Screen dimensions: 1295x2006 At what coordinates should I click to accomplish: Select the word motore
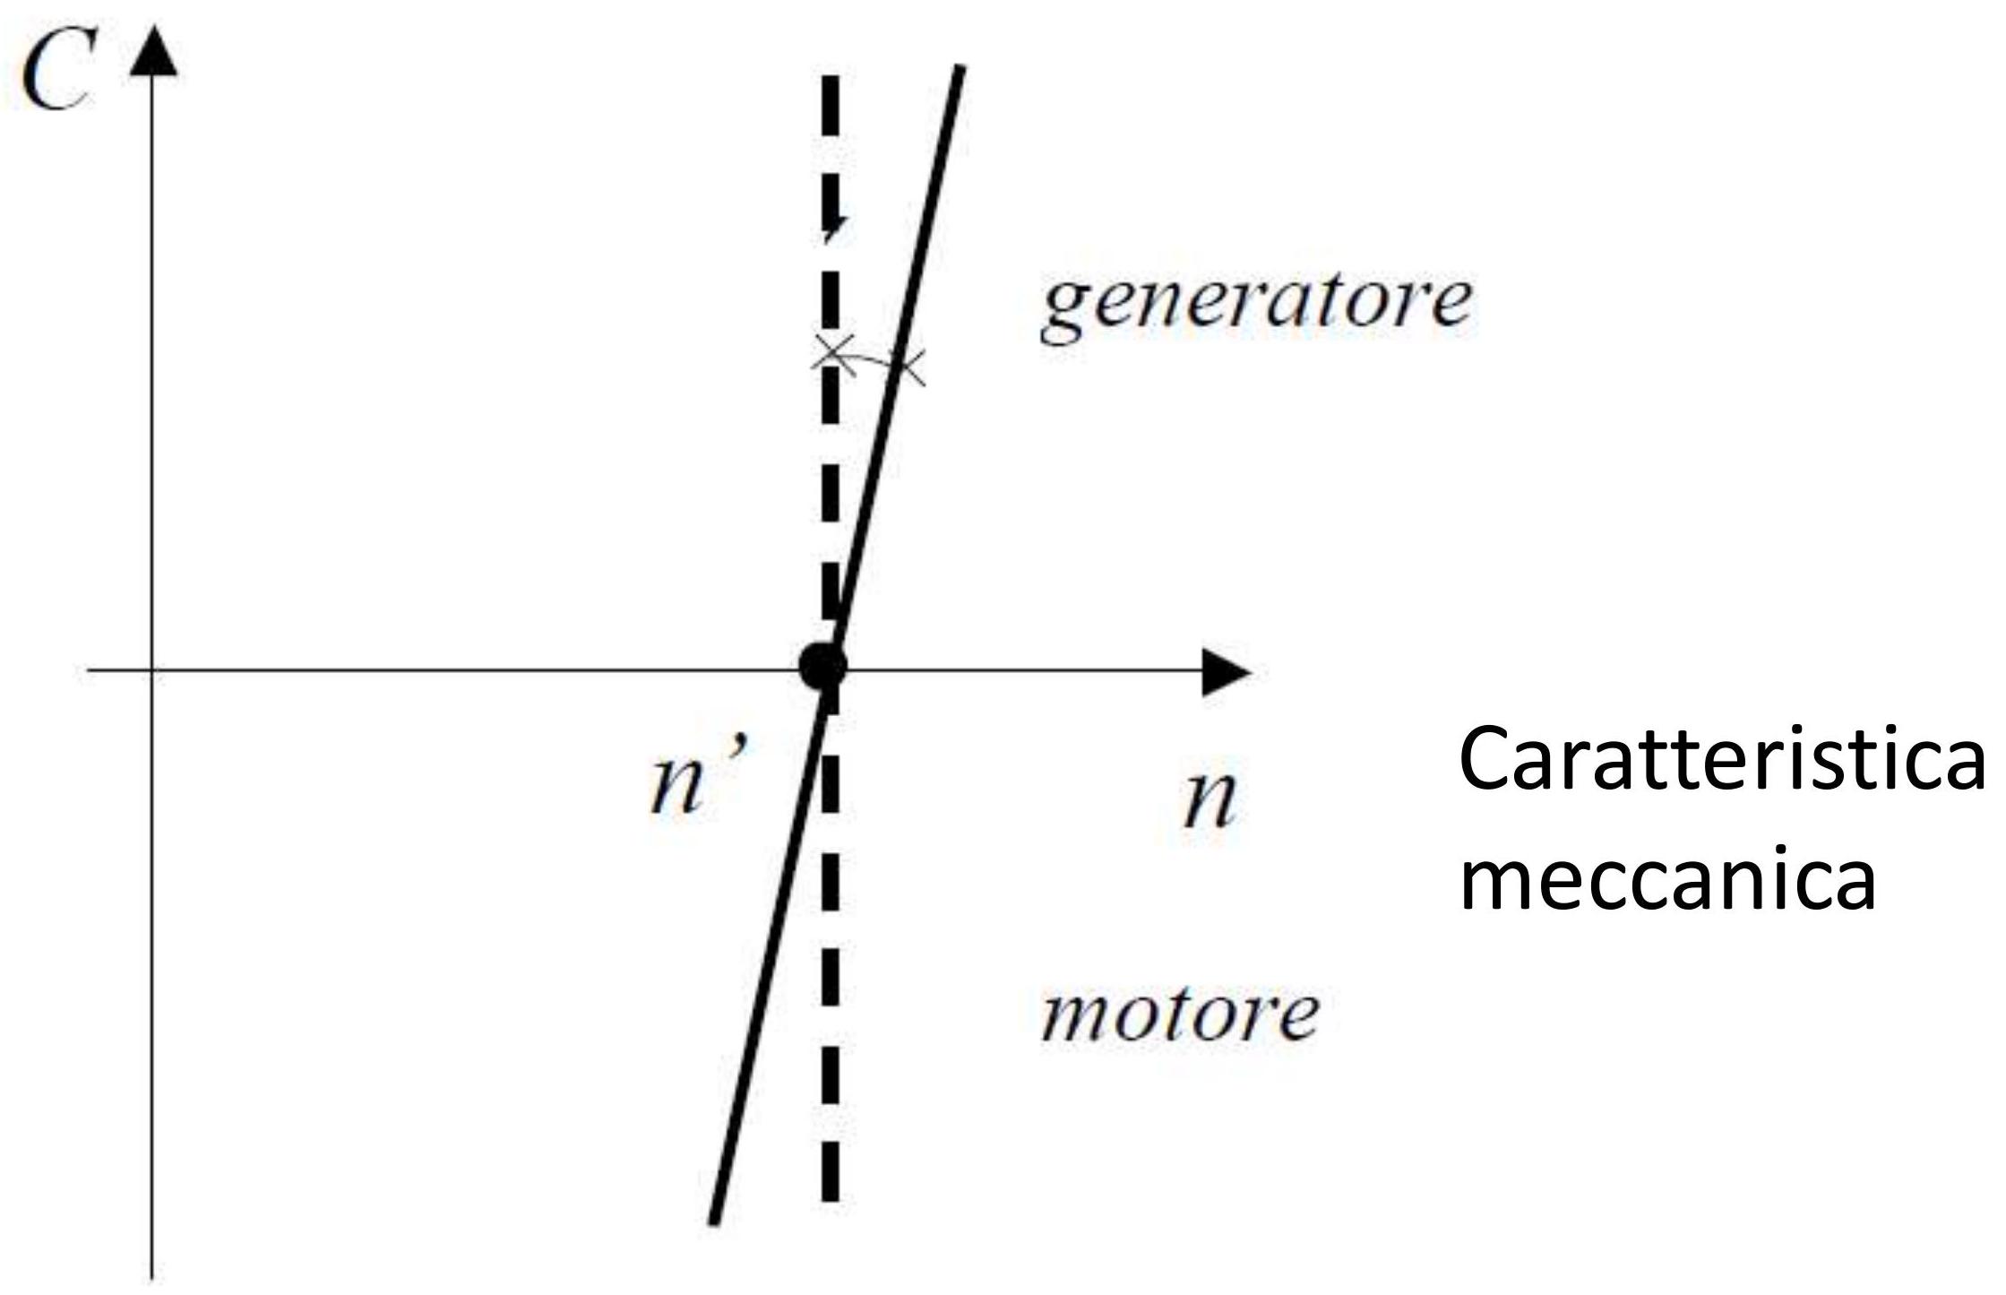tap(1179, 1014)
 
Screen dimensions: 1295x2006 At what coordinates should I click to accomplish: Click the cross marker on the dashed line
tap(831, 351)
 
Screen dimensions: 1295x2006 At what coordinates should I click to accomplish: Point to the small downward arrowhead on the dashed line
tap(833, 229)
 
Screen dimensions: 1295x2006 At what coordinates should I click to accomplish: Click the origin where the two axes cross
tap(153, 669)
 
